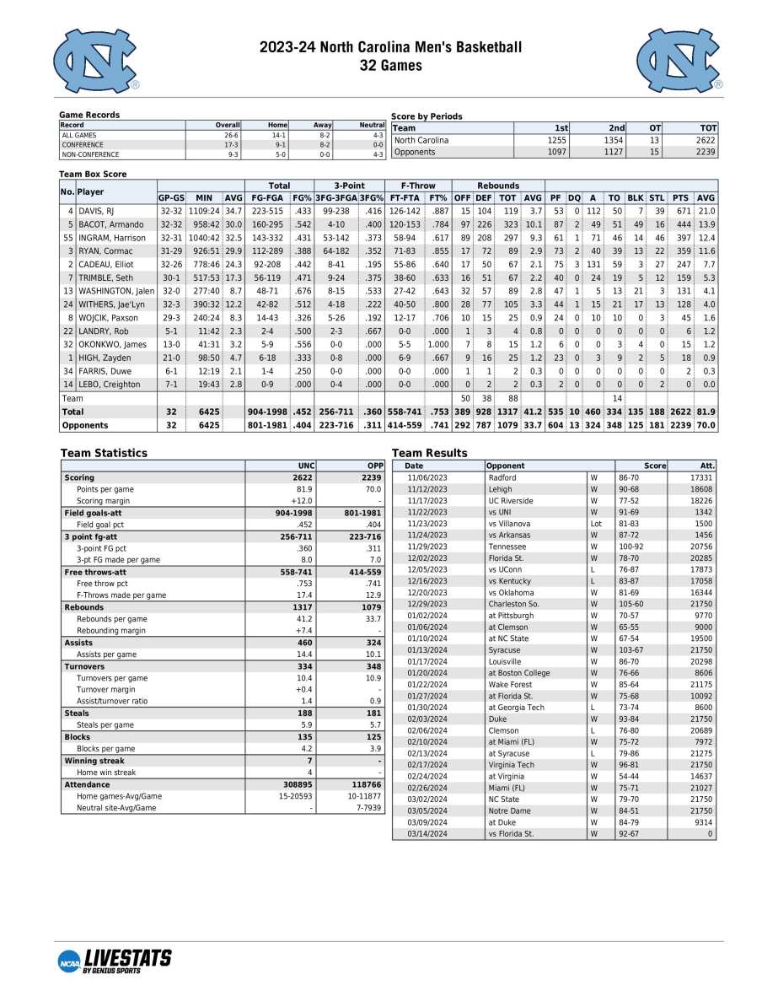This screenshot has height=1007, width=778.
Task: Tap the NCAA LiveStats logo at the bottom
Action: pos(115,960)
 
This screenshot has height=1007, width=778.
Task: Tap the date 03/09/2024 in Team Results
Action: pos(427,822)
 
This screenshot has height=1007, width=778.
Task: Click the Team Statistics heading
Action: pos(104,453)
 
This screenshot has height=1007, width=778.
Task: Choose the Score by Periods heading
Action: pos(427,116)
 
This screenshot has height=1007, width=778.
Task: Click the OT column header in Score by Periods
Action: pos(652,128)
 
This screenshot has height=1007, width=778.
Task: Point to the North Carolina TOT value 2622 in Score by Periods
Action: pos(706,140)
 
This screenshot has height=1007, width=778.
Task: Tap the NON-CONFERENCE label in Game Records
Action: pos(90,154)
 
